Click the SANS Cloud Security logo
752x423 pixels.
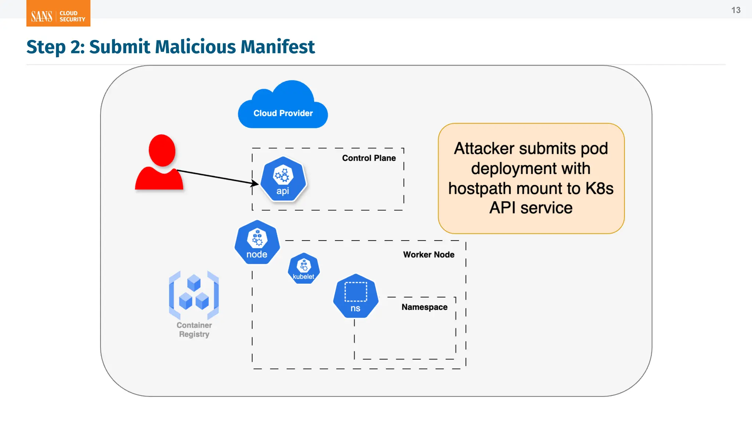pyautogui.click(x=58, y=14)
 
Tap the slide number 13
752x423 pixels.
pyautogui.click(x=735, y=10)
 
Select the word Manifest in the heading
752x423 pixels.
pyautogui.click(x=278, y=47)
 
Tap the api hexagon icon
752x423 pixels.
pyautogui.click(x=283, y=179)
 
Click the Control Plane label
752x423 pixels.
pyautogui.click(x=369, y=158)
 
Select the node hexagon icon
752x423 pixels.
pyautogui.click(x=257, y=242)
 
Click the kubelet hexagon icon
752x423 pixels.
pyautogui.click(x=304, y=268)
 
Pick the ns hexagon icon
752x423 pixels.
pyautogui.click(x=355, y=296)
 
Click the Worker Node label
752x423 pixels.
pyautogui.click(x=429, y=255)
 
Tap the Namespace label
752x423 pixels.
pyautogui.click(x=424, y=307)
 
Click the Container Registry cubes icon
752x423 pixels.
pyautogui.click(x=194, y=295)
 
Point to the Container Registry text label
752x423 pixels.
pyautogui.click(x=194, y=330)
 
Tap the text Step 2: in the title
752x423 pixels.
pyautogui.click(x=55, y=47)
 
